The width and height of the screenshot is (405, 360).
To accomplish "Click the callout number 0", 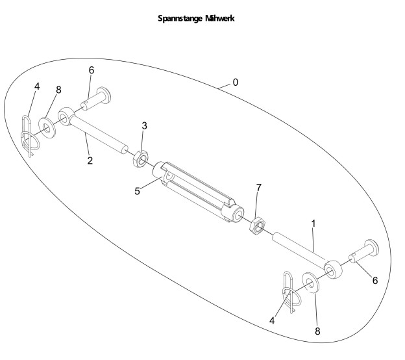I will tap(236, 83).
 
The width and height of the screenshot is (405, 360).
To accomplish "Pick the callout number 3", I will tap(145, 123).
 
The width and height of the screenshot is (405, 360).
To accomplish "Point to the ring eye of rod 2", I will tap(67, 117).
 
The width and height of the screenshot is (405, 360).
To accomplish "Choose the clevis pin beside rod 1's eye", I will tap(365, 253).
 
